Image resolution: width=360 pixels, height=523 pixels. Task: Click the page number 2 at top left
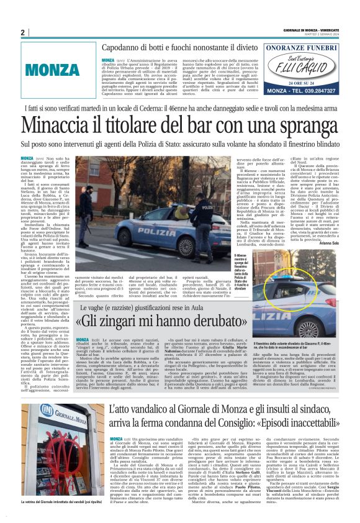click(x=23, y=32)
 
